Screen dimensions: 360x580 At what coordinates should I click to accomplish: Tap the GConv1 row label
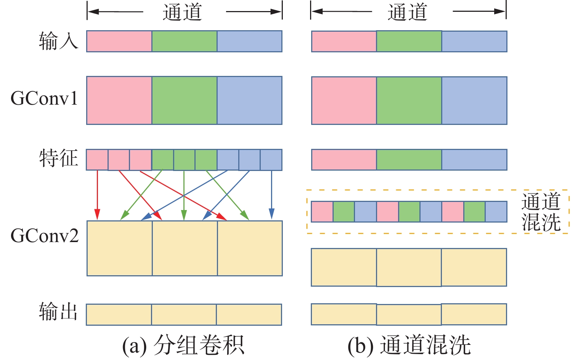[x=44, y=99]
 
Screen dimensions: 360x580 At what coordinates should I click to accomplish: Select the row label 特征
[x=59, y=158]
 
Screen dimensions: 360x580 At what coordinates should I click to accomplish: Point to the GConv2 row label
[x=45, y=236]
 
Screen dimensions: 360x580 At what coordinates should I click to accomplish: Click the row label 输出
[x=59, y=312]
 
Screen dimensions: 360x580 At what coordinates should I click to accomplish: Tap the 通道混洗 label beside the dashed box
[x=541, y=212]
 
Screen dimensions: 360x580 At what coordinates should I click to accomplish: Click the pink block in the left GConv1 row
[x=119, y=100]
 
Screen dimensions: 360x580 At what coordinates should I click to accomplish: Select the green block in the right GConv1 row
[x=409, y=100]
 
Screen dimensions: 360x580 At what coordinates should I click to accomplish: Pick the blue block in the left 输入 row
[x=249, y=41]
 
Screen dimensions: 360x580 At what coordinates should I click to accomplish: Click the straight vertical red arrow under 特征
[x=97, y=193]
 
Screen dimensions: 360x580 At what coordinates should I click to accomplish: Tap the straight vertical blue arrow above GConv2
[x=271, y=193]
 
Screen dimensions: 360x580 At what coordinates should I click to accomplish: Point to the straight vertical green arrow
[x=184, y=193]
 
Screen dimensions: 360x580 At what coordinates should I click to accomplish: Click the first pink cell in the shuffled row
[x=322, y=212]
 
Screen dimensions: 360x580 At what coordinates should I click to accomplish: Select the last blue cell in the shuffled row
[x=496, y=212]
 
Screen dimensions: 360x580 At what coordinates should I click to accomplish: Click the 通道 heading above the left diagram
[x=183, y=12]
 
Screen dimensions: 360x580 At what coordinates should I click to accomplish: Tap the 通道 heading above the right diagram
[x=407, y=12]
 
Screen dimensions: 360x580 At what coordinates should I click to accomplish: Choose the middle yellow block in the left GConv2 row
[x=185, y=248]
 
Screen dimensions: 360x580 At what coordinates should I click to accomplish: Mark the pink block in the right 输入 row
[x=344, y=41]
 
